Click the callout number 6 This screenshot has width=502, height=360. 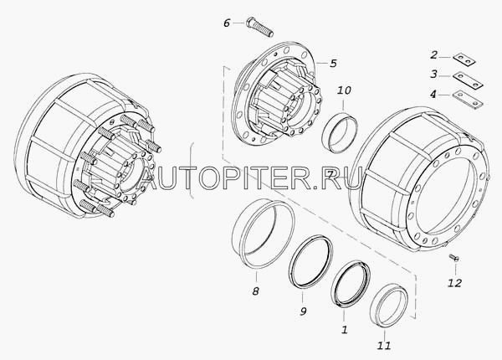tap(227, 23)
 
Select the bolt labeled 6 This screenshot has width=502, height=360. tap(259, 27)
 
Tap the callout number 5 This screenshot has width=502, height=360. tap(333, 63)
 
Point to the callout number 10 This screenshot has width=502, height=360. tap(344, 90)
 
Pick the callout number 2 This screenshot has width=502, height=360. tap(433, 55)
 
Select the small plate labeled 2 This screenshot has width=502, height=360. tap(464, 60)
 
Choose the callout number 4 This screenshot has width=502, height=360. tap(433, 95)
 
